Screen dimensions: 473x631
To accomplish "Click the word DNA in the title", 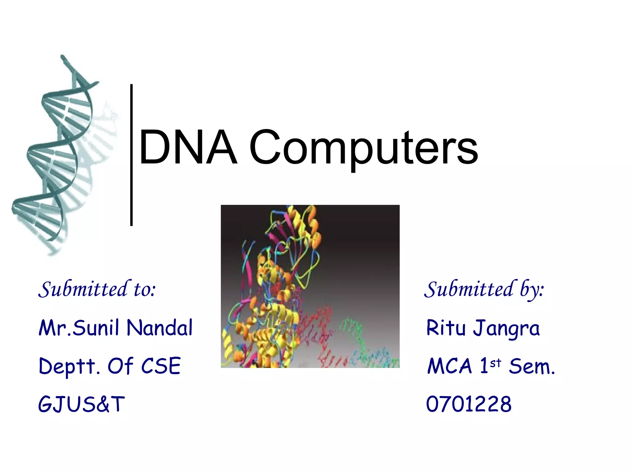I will tap(188, 148).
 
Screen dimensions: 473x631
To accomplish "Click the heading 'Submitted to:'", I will tap(97, 289).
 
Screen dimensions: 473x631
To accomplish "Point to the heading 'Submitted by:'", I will tap(484, 290).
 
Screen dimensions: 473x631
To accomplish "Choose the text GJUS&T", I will tap(81, 404).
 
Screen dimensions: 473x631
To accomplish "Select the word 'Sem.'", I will tap(532, 366).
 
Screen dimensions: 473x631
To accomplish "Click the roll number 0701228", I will tap(469, 404).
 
